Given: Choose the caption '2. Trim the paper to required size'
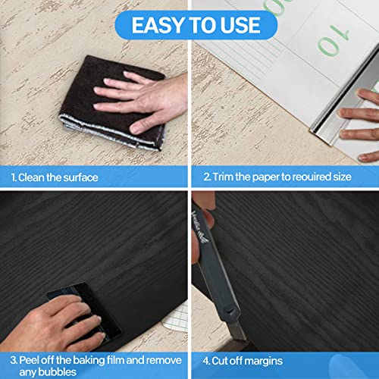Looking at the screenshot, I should (x=277, y=177).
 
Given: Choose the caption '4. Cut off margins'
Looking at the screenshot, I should (x=246, y=358).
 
